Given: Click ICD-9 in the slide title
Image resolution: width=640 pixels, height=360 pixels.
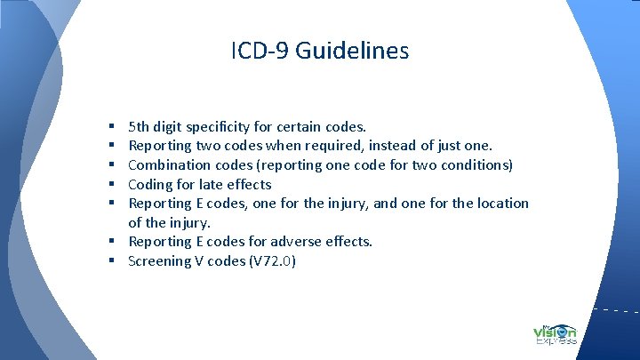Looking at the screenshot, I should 259,51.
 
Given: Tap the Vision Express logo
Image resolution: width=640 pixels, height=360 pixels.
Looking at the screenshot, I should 556,330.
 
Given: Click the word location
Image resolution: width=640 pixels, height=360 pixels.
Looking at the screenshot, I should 501,203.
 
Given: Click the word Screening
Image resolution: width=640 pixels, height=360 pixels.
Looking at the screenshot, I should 160,260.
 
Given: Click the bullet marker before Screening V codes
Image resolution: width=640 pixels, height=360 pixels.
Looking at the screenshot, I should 116,261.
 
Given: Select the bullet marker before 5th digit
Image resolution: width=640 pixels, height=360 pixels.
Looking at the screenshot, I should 116,127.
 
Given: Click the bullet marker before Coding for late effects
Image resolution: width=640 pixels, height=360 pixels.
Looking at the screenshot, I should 116,185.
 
